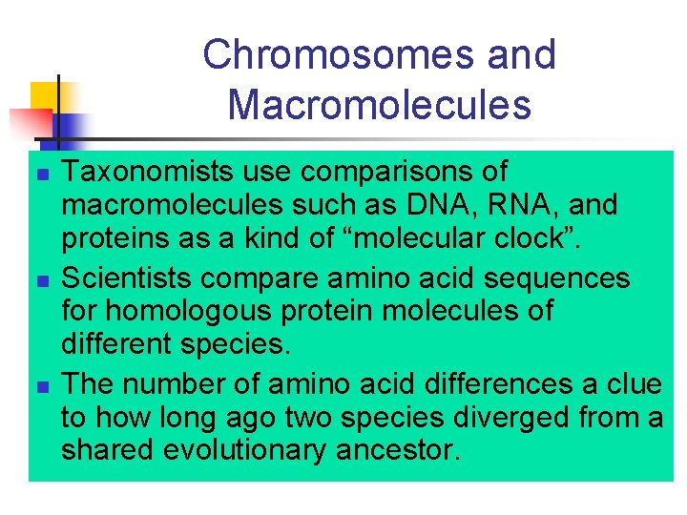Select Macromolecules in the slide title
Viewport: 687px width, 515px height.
pyautogui.click(x=379, y=105)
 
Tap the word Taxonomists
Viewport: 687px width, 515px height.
pyautogui.click(x=150, y=172)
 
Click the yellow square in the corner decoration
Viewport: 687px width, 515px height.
pyautogui.click(x=44, y=96)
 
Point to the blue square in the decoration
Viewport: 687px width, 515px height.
pyautogui.click(x=71, y=128)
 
